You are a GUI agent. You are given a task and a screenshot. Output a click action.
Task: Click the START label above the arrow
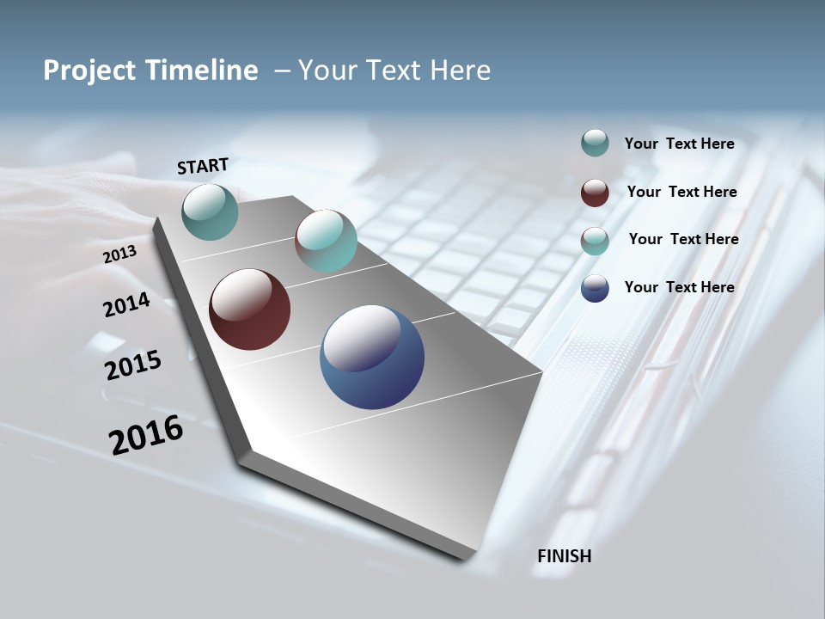pos(203,166)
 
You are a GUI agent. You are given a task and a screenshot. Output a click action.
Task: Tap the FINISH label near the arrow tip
pos(564,556)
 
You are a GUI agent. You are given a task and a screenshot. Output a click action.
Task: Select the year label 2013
pos(119,254)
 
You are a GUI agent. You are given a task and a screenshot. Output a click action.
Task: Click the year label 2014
pos(126,304)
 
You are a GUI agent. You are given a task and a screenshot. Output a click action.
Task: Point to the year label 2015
pos(132,365)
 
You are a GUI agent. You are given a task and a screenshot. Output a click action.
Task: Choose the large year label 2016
pos(146,435)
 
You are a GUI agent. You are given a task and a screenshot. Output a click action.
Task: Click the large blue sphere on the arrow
pos(371,357)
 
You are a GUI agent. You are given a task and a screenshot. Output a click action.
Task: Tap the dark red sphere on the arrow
pos(249,309)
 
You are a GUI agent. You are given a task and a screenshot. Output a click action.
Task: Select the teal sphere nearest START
pos(210,211)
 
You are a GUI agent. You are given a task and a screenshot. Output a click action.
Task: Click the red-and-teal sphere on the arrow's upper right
pos(326,241)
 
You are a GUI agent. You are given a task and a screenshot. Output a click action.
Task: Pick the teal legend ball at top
pos(595,143)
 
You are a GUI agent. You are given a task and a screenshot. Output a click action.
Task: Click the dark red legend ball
pos(595,192)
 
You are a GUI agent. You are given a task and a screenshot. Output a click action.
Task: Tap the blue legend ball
pos(595,288)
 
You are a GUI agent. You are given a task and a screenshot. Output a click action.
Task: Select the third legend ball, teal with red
pos(595,240)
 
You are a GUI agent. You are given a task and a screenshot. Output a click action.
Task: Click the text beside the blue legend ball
pos(679,287)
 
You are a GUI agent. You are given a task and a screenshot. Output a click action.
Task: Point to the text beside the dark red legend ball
pos(681,192)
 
